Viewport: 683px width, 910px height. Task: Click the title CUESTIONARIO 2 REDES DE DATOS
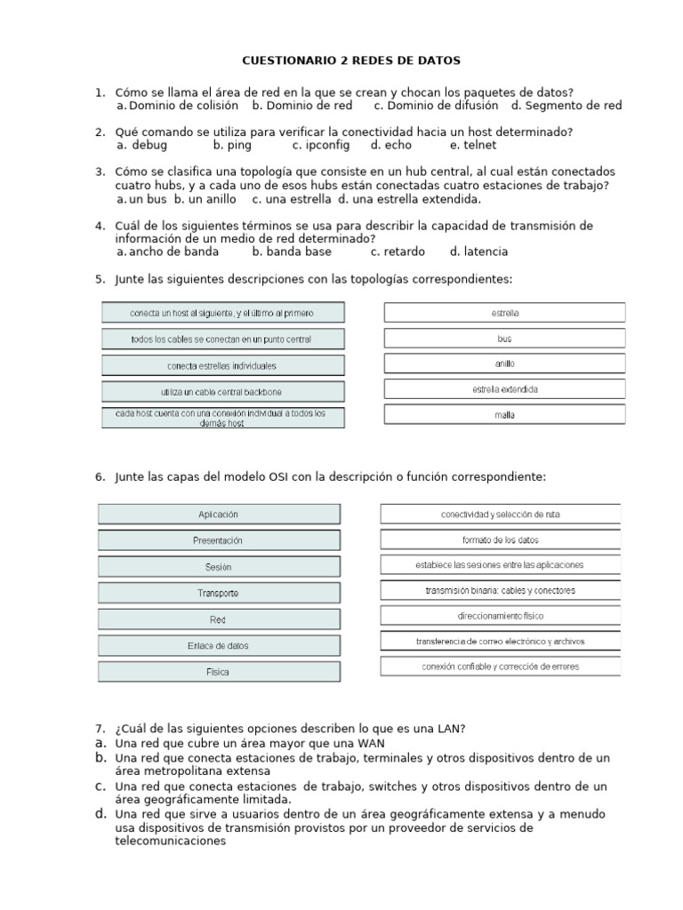click(352, 60)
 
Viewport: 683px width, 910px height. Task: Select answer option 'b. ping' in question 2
click(233, 145)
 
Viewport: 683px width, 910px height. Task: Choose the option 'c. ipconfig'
click(320, 145)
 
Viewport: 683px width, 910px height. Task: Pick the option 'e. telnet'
click(473, 145)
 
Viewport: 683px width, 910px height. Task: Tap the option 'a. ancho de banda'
click(167, 251)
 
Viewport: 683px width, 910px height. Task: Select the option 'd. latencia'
click(478, 251)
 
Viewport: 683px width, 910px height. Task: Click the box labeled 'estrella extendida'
click(504, 389)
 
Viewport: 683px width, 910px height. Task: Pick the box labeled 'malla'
click(504, 415)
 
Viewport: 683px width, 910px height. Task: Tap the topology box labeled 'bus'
click(504, 339)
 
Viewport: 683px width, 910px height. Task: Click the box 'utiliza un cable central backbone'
click(221, 391)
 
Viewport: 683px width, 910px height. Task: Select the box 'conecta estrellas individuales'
click(221, 365)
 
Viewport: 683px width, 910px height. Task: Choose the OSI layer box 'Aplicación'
click(218, 515)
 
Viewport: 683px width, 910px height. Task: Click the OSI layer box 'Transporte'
click(218, 593)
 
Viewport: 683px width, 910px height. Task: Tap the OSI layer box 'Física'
click(218, 672)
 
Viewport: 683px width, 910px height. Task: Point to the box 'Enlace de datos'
click(218, 645)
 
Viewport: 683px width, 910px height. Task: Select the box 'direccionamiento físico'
click(501, 615)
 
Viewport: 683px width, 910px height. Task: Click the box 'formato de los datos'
click(501, 539)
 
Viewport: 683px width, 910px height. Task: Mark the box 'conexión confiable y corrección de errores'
click(501, 667)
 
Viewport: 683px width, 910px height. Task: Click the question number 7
click(100, 729)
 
